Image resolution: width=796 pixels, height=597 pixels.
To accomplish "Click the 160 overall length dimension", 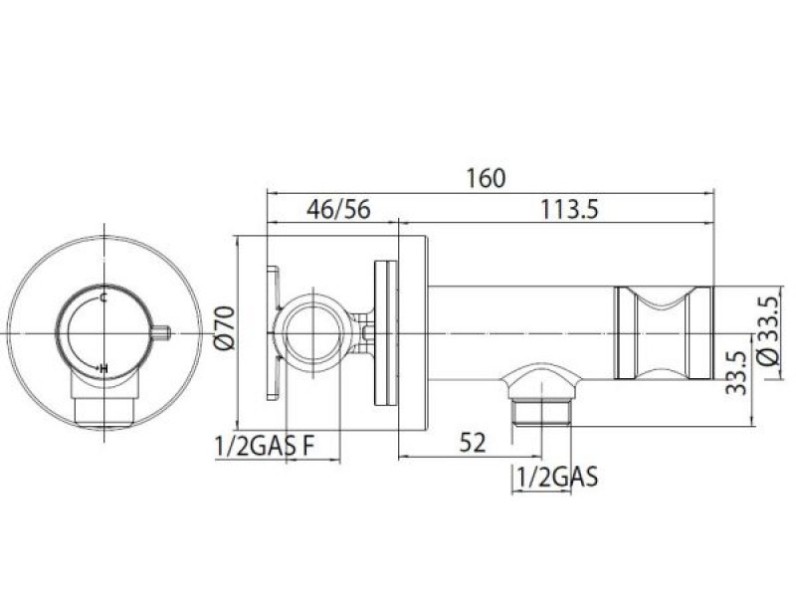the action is pyautogui.click(x=486, y=178).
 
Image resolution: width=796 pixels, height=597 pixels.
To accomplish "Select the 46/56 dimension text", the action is pyautogui.click(x=338, y=209).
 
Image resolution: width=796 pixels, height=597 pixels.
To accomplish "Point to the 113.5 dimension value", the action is pyautogui.click(x=569, y=209).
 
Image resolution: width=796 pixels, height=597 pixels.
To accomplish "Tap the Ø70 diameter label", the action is pyautogui.click(x=225, y=328).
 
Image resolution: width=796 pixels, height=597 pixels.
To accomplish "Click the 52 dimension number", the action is pyautogui.click(x=473, y=443).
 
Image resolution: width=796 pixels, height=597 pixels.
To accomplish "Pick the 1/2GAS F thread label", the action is pyautogui.click(x=265, y=446).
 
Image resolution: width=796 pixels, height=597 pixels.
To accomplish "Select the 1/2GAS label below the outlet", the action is pyautogui.click(x=557, y=478).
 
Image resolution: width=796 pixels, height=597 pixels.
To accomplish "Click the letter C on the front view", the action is pyautogui.click(x=103, y=298).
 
